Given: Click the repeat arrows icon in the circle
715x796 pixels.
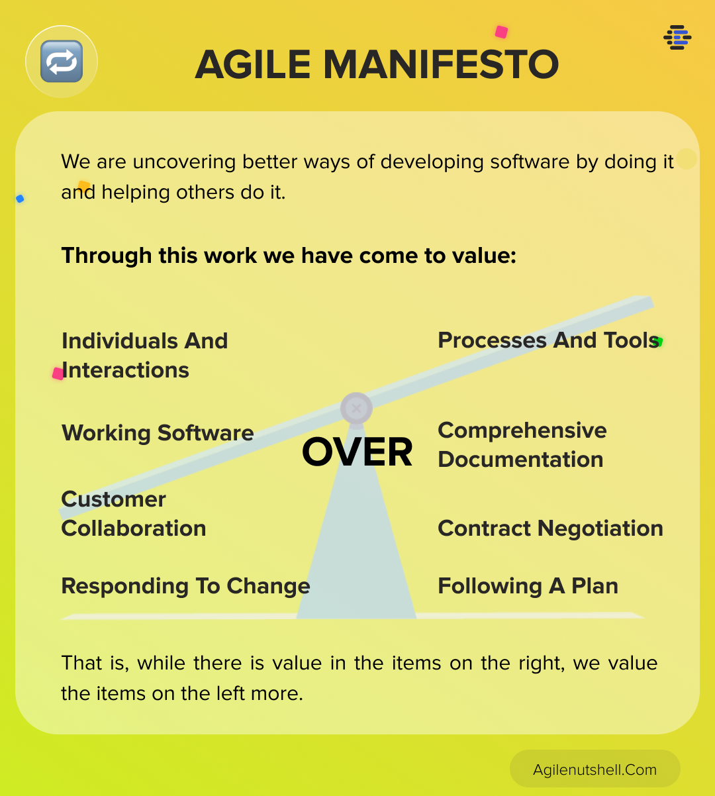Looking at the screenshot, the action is [x=62, y=62].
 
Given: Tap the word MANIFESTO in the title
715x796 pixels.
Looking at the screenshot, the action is [x=441, y=64].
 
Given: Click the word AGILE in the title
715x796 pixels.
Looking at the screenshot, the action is [x=253, y=64].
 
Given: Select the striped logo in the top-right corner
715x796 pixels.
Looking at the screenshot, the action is [x=677, y=37].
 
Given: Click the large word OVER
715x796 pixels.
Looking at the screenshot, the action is [x=357, y=452].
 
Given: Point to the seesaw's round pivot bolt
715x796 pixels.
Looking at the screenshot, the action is [x=356, y=409].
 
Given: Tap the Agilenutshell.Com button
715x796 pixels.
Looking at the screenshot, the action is [x=595, y=770].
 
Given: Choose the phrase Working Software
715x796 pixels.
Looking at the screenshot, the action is [x=158, y=432].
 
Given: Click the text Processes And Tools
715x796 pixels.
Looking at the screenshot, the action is [x=548, y=340].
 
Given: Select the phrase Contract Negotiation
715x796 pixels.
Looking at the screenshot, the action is [x=550, y=528].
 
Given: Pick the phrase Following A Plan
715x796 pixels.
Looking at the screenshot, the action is [x=528, y=586].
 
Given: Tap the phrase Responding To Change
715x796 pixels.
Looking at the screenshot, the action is [x=186, y=587].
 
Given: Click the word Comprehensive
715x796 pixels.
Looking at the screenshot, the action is [x=522, y=430].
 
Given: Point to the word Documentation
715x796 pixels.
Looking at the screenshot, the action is [x=520, y=460].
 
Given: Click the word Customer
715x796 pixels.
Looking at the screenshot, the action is [x=113, y=499].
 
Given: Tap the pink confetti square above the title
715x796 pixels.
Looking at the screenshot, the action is [x=501, y=32].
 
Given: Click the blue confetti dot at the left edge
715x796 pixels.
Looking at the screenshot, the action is [x=20, y=199].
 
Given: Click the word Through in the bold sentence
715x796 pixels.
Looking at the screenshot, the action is [x=107, y=256].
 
